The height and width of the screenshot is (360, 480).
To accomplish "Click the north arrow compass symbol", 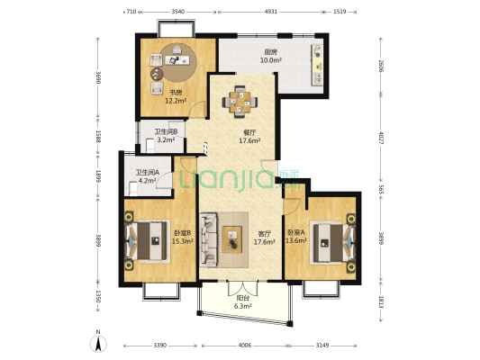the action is pos(98,344).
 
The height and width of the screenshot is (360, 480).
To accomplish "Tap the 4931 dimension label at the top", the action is pos(270,12).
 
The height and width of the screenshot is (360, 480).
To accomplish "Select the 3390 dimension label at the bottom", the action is pos(159,346).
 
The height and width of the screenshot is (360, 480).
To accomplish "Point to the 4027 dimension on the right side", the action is pos(382,138).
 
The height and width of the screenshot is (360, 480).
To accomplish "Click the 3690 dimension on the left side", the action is pos(98,77).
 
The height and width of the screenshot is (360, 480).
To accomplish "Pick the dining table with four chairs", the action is pos(240,102).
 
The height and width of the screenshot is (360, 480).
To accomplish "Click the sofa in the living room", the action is pos(208,239).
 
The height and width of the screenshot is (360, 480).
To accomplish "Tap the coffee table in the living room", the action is pos(232,239).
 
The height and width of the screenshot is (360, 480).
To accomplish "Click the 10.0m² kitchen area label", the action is pos(271,60).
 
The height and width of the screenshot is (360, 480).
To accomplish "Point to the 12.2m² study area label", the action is pos(176,101).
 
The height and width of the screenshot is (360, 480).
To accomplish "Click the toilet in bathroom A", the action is pos(133,188).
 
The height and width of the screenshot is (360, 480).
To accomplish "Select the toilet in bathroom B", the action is pos(150,145).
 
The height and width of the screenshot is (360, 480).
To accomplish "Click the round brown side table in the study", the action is pos(157,74).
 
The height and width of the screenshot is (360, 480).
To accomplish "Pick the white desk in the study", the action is pos(177,60).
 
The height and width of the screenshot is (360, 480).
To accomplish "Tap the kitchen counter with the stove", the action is pos(317,65).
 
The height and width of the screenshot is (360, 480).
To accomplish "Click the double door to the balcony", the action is pos(243,288).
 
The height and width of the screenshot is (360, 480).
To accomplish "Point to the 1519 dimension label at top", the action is pos(340,12).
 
